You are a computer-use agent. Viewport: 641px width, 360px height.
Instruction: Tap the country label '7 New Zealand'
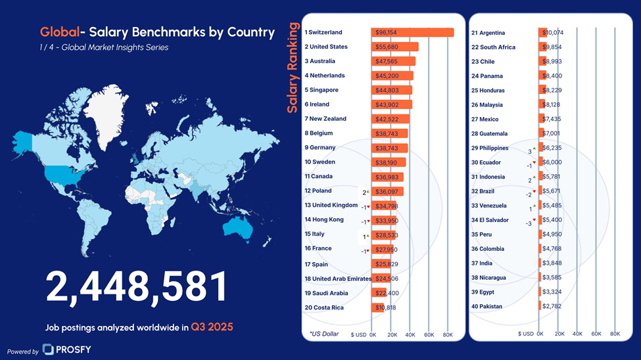coord(325,119)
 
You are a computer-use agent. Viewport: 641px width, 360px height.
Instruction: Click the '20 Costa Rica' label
coord(324,307)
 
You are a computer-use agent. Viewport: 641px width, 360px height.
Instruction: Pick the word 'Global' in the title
coord(59,32)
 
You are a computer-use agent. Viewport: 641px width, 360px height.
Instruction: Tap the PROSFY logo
coord(66,349)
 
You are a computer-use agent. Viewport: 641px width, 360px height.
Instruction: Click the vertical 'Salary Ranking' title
coord(293,68)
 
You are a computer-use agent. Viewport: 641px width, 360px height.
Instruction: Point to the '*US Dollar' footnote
coord(324,334)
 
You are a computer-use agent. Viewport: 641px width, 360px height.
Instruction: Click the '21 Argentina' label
coord(488,33)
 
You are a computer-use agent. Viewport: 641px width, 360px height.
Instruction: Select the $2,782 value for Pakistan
coord(552,307)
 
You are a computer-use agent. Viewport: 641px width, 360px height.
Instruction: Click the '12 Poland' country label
coord(318,191)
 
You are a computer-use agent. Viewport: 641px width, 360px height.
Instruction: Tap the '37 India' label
coord(482,263)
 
